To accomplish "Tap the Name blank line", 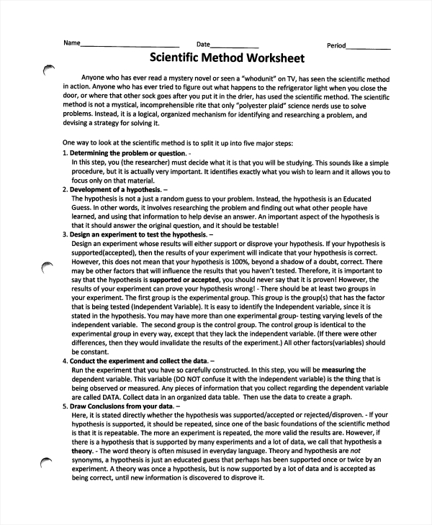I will (x=130, y=47).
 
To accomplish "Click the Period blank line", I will (x=369, y=47).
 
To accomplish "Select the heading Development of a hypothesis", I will (x=114, y=189).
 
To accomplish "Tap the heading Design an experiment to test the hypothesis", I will (x=137, y=234).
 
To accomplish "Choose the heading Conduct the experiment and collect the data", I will (x=138, y=360).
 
